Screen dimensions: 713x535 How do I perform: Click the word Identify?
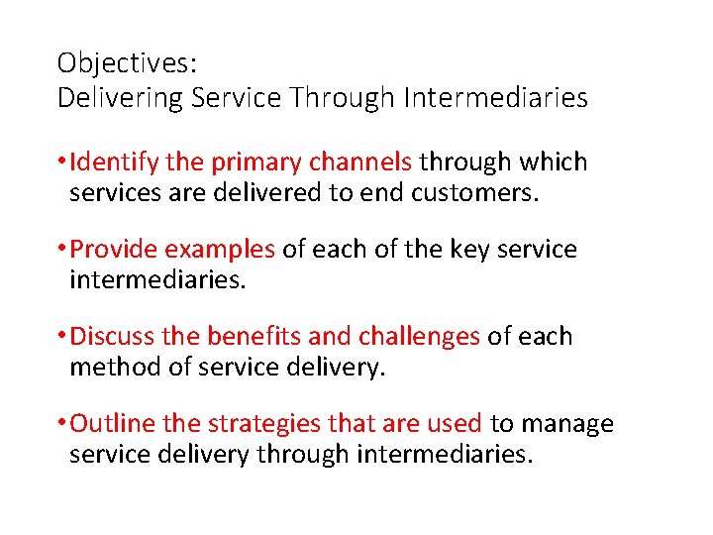pyautogui.click(x=110, y=161)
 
